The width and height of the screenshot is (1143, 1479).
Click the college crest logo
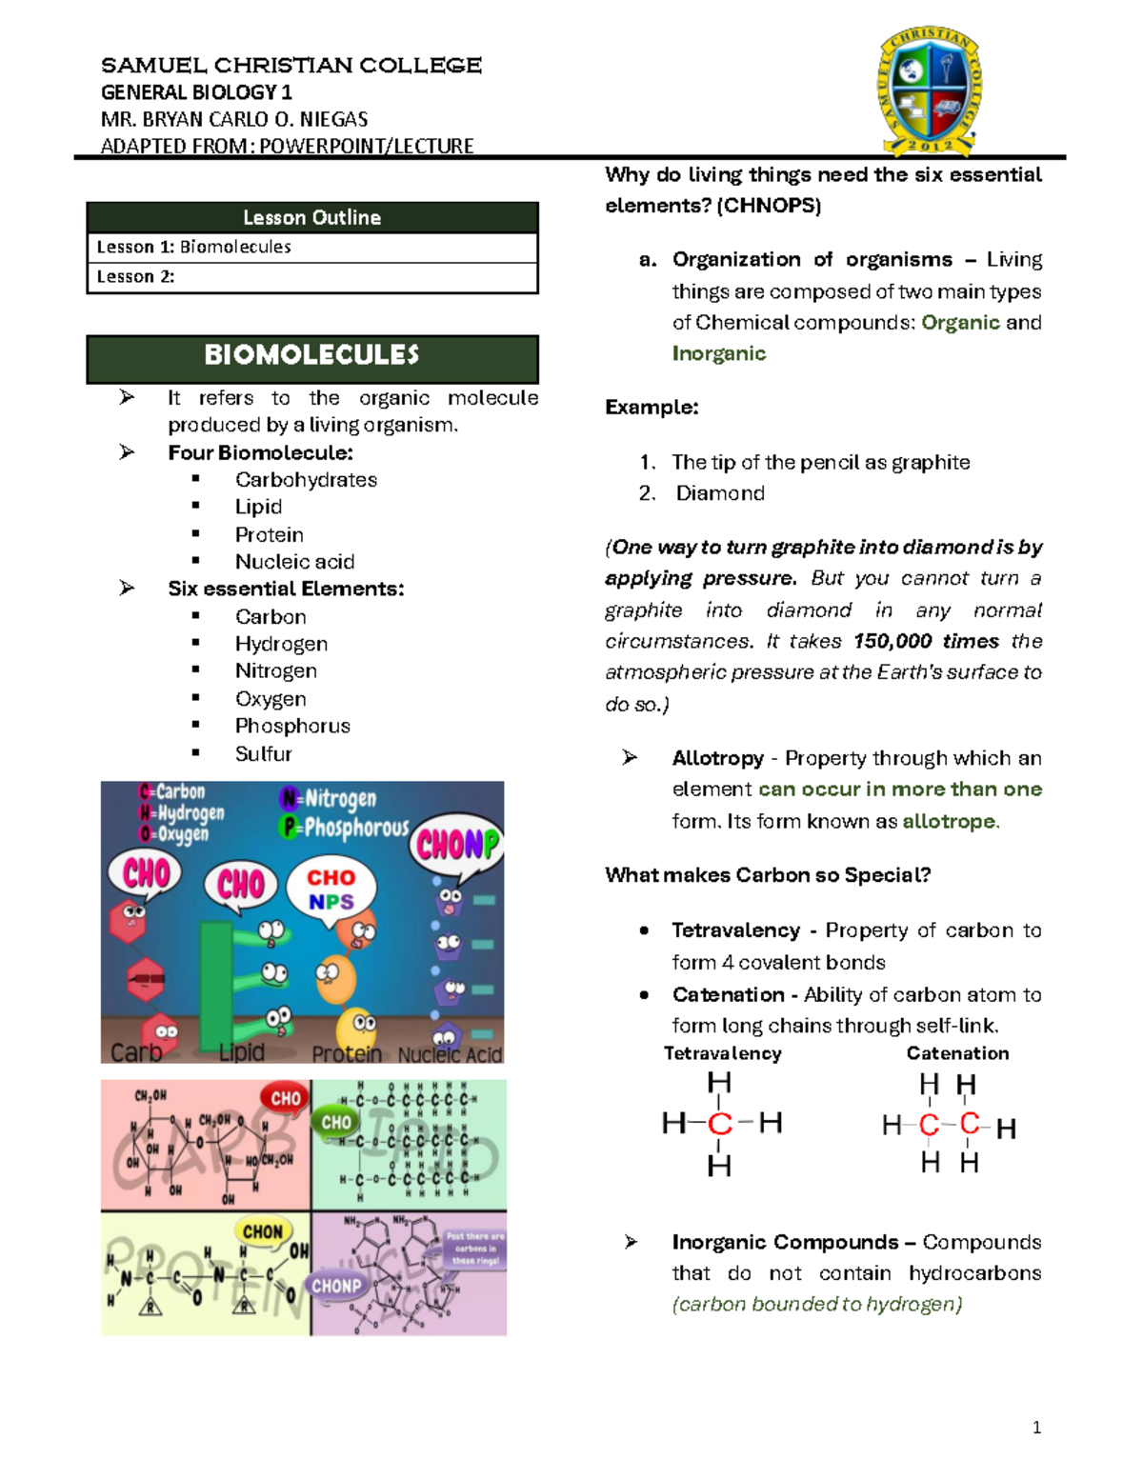[x=930, y=90]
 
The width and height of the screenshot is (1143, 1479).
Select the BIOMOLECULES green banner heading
[x=312, y=356]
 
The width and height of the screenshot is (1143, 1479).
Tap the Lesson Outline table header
[x=312, y=218]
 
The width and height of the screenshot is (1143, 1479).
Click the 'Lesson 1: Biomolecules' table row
[x=312, y=248]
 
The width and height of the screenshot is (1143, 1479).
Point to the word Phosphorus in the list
[x=292, y=727]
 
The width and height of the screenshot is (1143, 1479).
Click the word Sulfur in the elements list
[x=263, y=754]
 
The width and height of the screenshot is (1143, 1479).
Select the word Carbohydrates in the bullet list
[x=306, y=480]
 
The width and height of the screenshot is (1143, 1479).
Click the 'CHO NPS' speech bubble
[x=331, y=889]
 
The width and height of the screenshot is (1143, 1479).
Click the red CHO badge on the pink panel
[x=285, y=1098]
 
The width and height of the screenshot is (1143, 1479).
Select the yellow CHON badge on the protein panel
[x=263, y=1231]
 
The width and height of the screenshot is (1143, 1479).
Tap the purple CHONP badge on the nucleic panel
[x=336, y=1286]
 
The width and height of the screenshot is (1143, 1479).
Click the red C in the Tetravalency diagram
[x=720, y=1124]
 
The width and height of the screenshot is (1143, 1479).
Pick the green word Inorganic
[x=719, y=354]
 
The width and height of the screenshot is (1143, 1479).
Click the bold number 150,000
[x=892, y=641]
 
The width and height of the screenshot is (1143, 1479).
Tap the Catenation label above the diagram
[x=957, y=1053]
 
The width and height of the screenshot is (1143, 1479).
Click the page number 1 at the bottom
[x=1036, y=1428]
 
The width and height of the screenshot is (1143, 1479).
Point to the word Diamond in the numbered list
[x=720, y=493]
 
